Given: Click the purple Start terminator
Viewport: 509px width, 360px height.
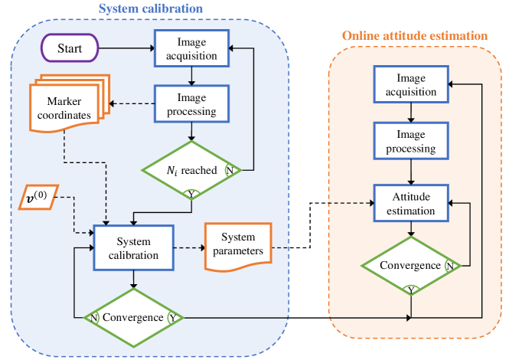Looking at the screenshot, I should tap(70, 49).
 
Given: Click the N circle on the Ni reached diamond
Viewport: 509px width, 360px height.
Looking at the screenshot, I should tap(229, 170).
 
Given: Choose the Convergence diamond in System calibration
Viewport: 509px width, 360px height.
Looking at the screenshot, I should tap(134, 316).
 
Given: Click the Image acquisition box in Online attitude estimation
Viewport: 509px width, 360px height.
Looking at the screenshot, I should tap(412, 85).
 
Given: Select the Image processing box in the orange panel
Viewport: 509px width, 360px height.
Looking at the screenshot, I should tap(412, 142).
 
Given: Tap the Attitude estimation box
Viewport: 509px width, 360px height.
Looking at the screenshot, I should tap(412, 204).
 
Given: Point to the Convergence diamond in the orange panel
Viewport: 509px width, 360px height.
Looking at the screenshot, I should tap(412, 266).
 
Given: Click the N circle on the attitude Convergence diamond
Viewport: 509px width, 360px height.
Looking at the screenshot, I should tap(449, 266).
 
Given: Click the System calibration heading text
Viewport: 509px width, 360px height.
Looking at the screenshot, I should tap(149, 9).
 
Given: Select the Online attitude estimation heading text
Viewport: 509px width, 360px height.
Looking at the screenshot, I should tap(413, 35).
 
